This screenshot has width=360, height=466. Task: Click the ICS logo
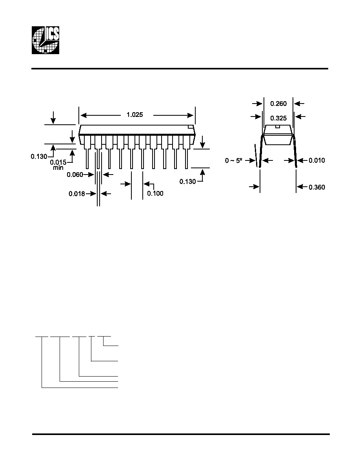45,40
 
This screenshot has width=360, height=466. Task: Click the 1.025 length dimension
135,115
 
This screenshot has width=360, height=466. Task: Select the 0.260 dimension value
278,104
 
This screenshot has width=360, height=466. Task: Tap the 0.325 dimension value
278,118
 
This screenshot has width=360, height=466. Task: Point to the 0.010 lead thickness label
316,160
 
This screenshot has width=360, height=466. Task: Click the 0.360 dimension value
316,187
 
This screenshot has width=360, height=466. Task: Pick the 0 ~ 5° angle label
234,160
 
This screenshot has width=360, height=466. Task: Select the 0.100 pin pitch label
155,193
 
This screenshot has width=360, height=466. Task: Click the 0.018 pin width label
77,194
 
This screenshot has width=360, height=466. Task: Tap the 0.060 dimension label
75,175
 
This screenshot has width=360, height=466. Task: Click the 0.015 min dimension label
58,165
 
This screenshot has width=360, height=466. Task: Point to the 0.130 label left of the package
39,157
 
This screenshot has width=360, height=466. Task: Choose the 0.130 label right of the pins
188,181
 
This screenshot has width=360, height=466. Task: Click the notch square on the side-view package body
190,127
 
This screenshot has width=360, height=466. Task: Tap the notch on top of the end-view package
278,127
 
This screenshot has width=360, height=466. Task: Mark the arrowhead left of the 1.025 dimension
84,115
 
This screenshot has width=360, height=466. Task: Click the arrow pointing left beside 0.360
302,187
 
